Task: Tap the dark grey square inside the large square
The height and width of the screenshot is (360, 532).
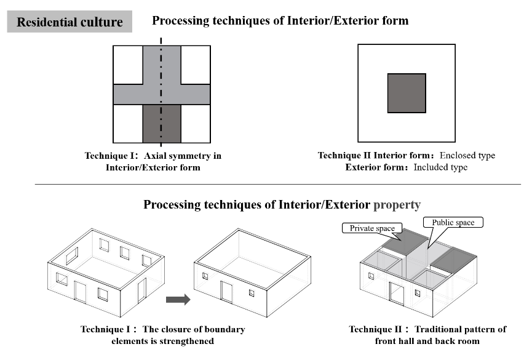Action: click(407, 93)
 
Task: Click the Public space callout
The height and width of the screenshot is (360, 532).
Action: click(453, 222)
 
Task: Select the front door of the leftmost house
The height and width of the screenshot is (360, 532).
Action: click(80, 291)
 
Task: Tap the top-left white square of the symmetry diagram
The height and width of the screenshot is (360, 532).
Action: click(128, 64)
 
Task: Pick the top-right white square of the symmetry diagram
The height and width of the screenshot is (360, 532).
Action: click(196, 64)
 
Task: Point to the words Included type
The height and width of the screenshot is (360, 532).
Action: click(440, 167)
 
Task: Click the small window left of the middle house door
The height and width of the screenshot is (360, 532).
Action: click(205, 276)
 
